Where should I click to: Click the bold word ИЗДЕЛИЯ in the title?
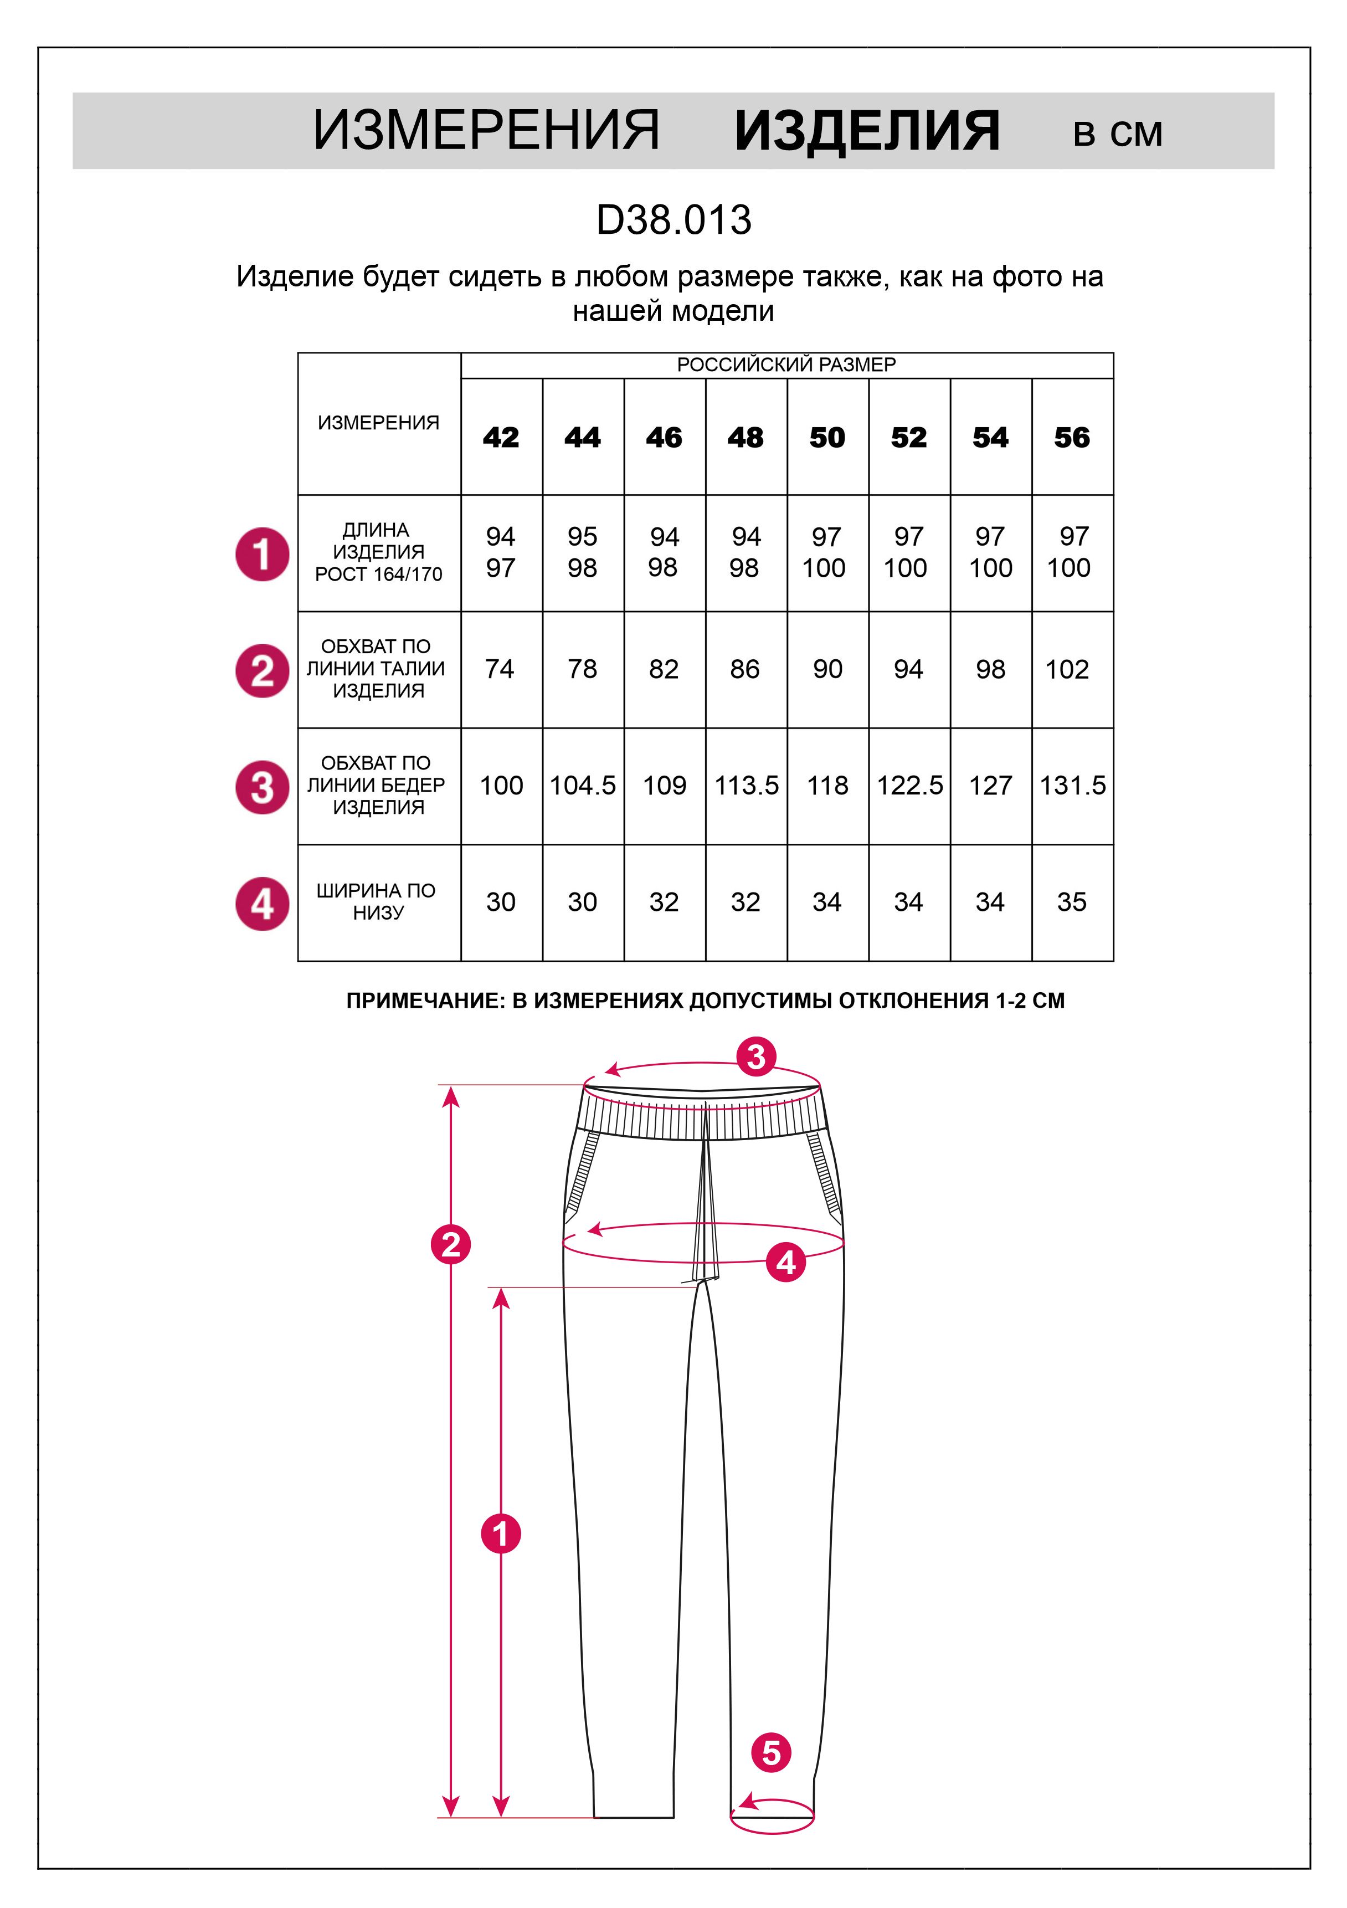coord(867,131)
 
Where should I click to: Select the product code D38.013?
coord(674,220)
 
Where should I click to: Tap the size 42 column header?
coord(501,437)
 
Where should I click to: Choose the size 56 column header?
coord(1072,437)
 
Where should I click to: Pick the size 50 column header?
coord(827,437)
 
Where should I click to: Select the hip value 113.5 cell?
coord(746,786)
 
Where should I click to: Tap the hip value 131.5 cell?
coord(1072,786)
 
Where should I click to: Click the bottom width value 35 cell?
coord(1072,902)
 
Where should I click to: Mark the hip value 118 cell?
coord(827,786)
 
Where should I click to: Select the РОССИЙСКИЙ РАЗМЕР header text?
coord(786,365)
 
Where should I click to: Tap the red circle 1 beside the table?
coord(263,554)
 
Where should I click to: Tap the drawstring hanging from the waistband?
coord(705,1197)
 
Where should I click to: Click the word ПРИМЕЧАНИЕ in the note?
coord(424,1001)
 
